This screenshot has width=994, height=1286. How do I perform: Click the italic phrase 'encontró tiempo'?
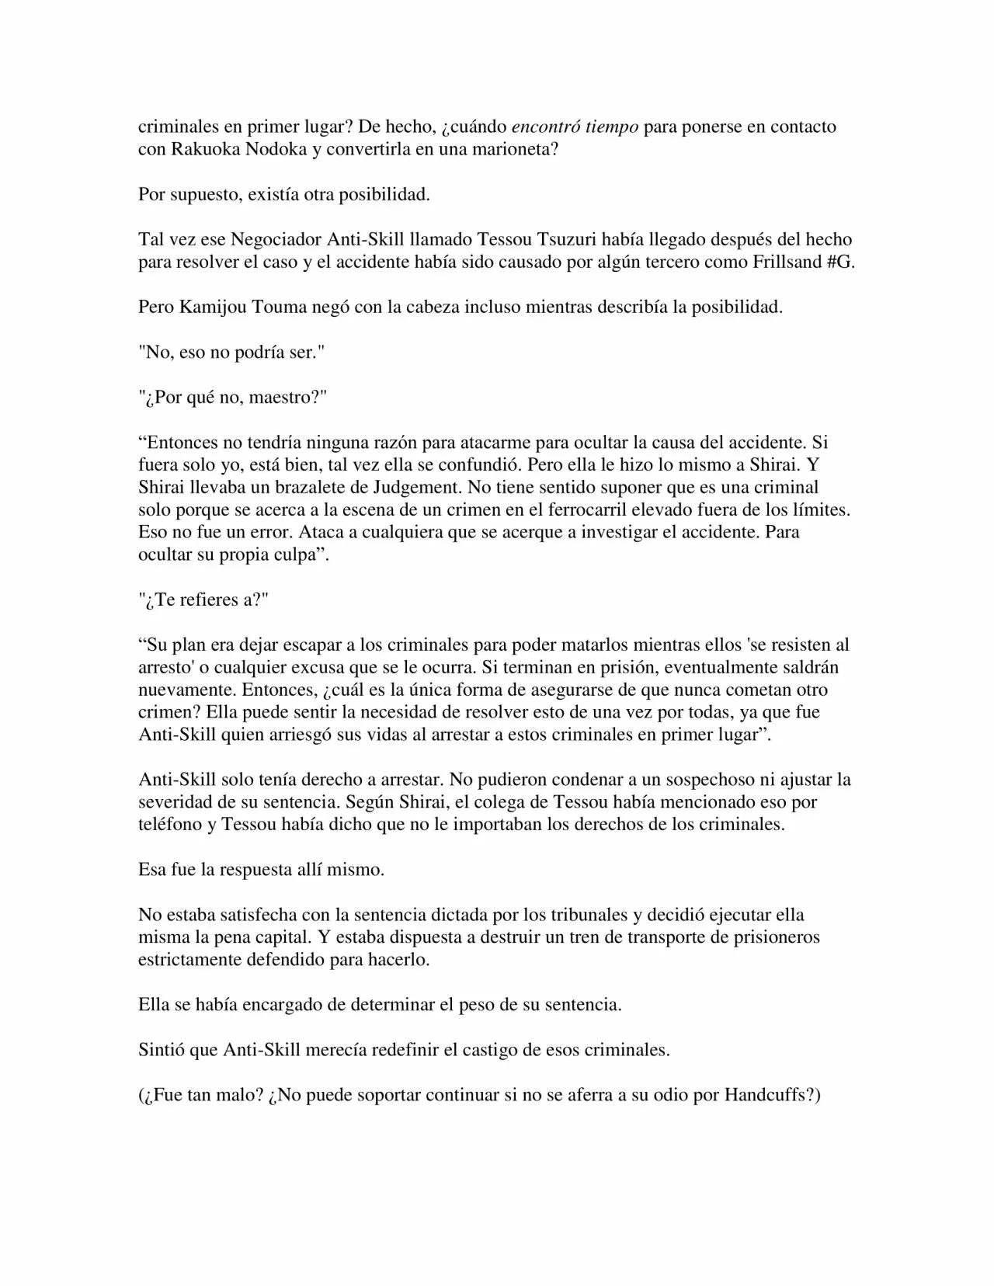pyautogui.click(x=575, y=127)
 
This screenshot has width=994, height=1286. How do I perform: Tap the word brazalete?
pyautogui.click(x=329, y=488)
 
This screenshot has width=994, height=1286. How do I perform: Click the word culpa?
pyautogui.click(x=285, y=555)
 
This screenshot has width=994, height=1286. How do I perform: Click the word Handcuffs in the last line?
pyautogui.click(x=766, y=1095)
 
